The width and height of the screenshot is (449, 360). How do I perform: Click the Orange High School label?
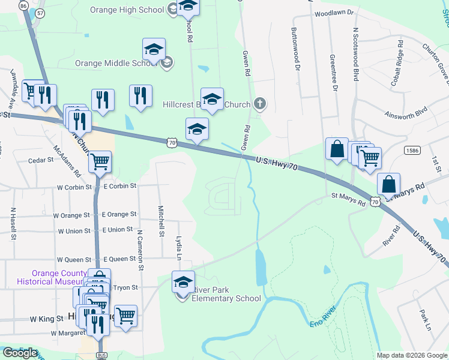tap(127, 10)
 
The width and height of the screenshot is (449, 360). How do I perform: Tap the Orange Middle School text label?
tap(116, 63)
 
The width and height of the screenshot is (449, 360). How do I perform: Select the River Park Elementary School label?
tap(226, 294)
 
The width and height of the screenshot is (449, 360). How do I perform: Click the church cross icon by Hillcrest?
tap(260, 104)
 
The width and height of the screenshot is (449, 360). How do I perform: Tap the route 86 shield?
tap(23, 5)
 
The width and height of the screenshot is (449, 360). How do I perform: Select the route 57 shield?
tap(40, 12)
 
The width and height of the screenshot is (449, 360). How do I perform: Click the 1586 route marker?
tap(412, 150)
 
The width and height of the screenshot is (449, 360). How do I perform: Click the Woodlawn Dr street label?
tap(334, 12)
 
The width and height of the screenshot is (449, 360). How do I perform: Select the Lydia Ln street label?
tap(179, 247)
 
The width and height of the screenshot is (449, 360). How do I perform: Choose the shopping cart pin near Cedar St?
tap(100, 161)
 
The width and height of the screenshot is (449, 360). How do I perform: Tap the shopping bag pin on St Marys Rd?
tap(389, 184)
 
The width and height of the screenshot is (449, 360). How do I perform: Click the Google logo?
tap(20, 353)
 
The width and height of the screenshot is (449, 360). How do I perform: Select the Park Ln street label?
tap(425, 319)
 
